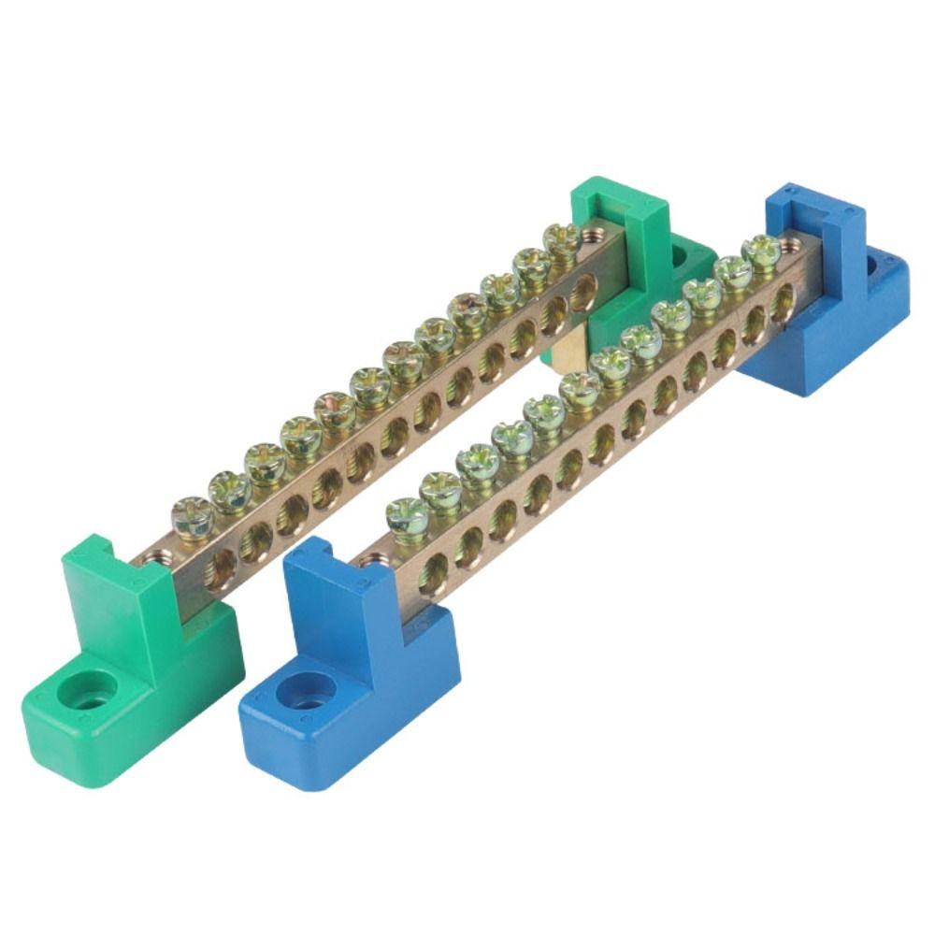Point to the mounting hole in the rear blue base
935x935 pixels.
(873, 265)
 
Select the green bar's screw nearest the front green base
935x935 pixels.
(192, 517)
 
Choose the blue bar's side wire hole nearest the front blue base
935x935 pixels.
(434, 572)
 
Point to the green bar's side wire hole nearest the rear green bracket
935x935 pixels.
(583, 294)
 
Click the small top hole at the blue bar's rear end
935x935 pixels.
(791, 245)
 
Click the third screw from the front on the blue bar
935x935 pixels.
(478, 460)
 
